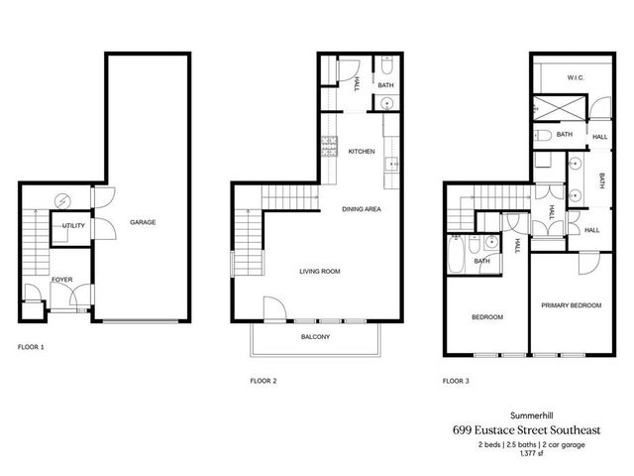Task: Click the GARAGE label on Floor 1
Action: (142, 223)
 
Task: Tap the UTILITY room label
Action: (73, 226)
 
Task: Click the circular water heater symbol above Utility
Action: (64, 198)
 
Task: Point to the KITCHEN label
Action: (361, 152)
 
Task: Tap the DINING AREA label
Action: (361, 209)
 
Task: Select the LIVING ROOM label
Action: (320, 270)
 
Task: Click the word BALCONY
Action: (315, 338)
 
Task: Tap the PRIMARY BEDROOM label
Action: (572, 306)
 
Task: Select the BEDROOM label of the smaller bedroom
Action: (486, 317)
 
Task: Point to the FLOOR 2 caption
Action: (263, 380)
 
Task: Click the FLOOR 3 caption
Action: (457, 380)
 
